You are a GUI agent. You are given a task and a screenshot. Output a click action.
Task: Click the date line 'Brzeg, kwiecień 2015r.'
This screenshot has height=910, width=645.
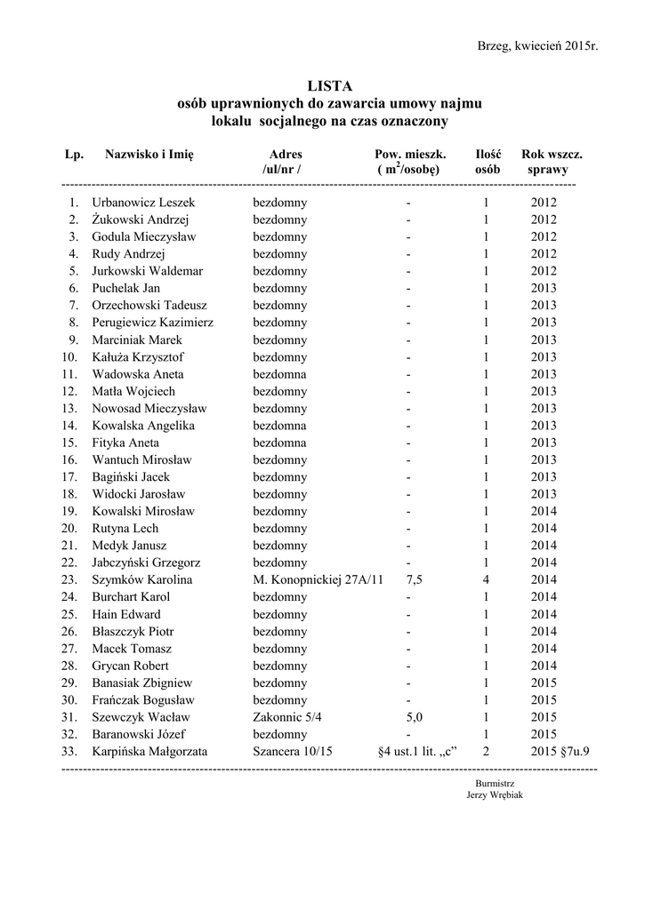coord(540,46)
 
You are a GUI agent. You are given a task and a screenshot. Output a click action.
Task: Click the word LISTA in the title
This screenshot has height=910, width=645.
coord(330,86)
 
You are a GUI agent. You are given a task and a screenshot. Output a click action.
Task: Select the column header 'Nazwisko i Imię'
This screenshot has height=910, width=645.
coord(149,154)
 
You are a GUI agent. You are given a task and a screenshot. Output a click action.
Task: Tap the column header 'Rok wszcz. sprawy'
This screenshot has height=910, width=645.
coord(552,161)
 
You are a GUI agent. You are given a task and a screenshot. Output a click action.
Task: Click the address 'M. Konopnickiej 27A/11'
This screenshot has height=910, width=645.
coord(318,579)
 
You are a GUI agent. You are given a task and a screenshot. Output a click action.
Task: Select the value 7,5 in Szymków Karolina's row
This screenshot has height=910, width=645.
coord(414,579)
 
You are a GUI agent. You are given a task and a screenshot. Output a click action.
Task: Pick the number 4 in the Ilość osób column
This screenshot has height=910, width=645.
coord(487,579)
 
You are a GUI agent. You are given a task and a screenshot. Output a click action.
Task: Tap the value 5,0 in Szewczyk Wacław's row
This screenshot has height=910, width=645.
coord(414,717)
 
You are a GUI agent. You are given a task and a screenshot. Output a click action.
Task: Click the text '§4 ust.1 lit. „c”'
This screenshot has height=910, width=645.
coord(417,751)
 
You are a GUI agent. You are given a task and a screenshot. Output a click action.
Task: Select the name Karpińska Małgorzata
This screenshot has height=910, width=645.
coord(149,751)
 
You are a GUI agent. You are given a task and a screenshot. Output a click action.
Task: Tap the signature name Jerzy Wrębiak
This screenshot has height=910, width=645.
coord(495,795)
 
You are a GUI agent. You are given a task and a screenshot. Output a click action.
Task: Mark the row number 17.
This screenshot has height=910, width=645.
coord(70,477)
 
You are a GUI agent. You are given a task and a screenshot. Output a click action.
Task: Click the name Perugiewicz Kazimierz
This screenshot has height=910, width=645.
coord(152,323)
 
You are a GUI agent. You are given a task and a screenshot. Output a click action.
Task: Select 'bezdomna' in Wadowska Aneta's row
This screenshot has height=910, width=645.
coord(279,374)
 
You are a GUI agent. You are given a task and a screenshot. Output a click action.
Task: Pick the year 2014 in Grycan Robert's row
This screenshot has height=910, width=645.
coord(543,666)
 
